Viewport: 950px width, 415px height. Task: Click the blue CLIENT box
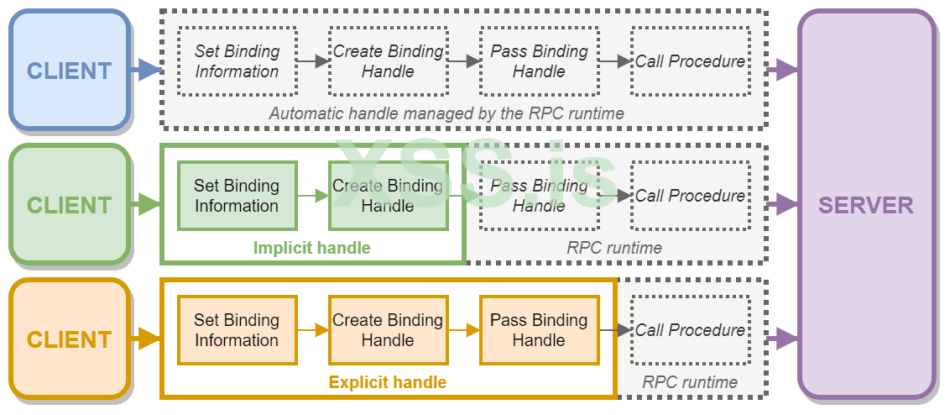pos(69,71)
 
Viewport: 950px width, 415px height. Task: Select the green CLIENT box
pos(69,205)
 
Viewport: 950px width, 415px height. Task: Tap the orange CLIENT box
pos(69,339)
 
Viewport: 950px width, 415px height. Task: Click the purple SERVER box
pos(866,205)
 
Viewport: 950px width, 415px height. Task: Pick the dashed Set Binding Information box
pos(237,61)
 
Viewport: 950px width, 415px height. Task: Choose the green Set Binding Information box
pos(237,196)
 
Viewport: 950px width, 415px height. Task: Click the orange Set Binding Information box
pos(237,330)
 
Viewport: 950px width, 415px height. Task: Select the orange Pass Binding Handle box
pos(539,330)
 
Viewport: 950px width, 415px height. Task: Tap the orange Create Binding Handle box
pos(388,330)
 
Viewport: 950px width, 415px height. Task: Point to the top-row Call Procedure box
pos(690,61)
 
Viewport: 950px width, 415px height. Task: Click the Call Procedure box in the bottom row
pos(690,330)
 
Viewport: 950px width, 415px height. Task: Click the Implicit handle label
pos(311,248)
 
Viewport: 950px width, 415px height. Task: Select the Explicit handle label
pos(387,382)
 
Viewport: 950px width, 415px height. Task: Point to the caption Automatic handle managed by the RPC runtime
pos(446,113)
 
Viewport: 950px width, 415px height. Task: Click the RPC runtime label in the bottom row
pos(690,382)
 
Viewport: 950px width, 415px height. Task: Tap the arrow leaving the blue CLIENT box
pos(146,71)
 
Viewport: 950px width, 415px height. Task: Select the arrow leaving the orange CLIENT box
pos(146,339)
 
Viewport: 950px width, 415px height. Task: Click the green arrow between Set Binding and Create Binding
pos(312,196)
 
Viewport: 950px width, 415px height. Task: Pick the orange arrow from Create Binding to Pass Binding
pos(463,330)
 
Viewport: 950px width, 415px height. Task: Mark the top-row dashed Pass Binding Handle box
pos(539,61)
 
